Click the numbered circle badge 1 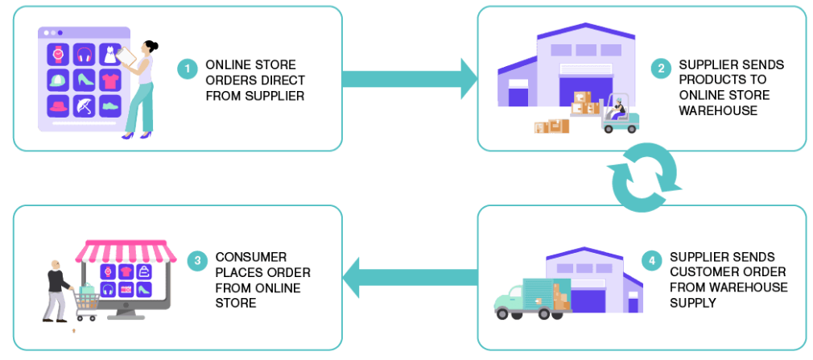coord(188,70)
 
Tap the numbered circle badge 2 coord(661,70)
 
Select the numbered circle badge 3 coord(197,262)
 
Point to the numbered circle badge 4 coord(651,261)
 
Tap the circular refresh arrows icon coord(643,178)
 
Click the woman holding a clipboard coord(141,89)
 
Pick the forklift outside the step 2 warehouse coord(619,114)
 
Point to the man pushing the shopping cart coord(56,290)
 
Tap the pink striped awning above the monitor coord(126,250)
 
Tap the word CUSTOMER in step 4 coord(705,271)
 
